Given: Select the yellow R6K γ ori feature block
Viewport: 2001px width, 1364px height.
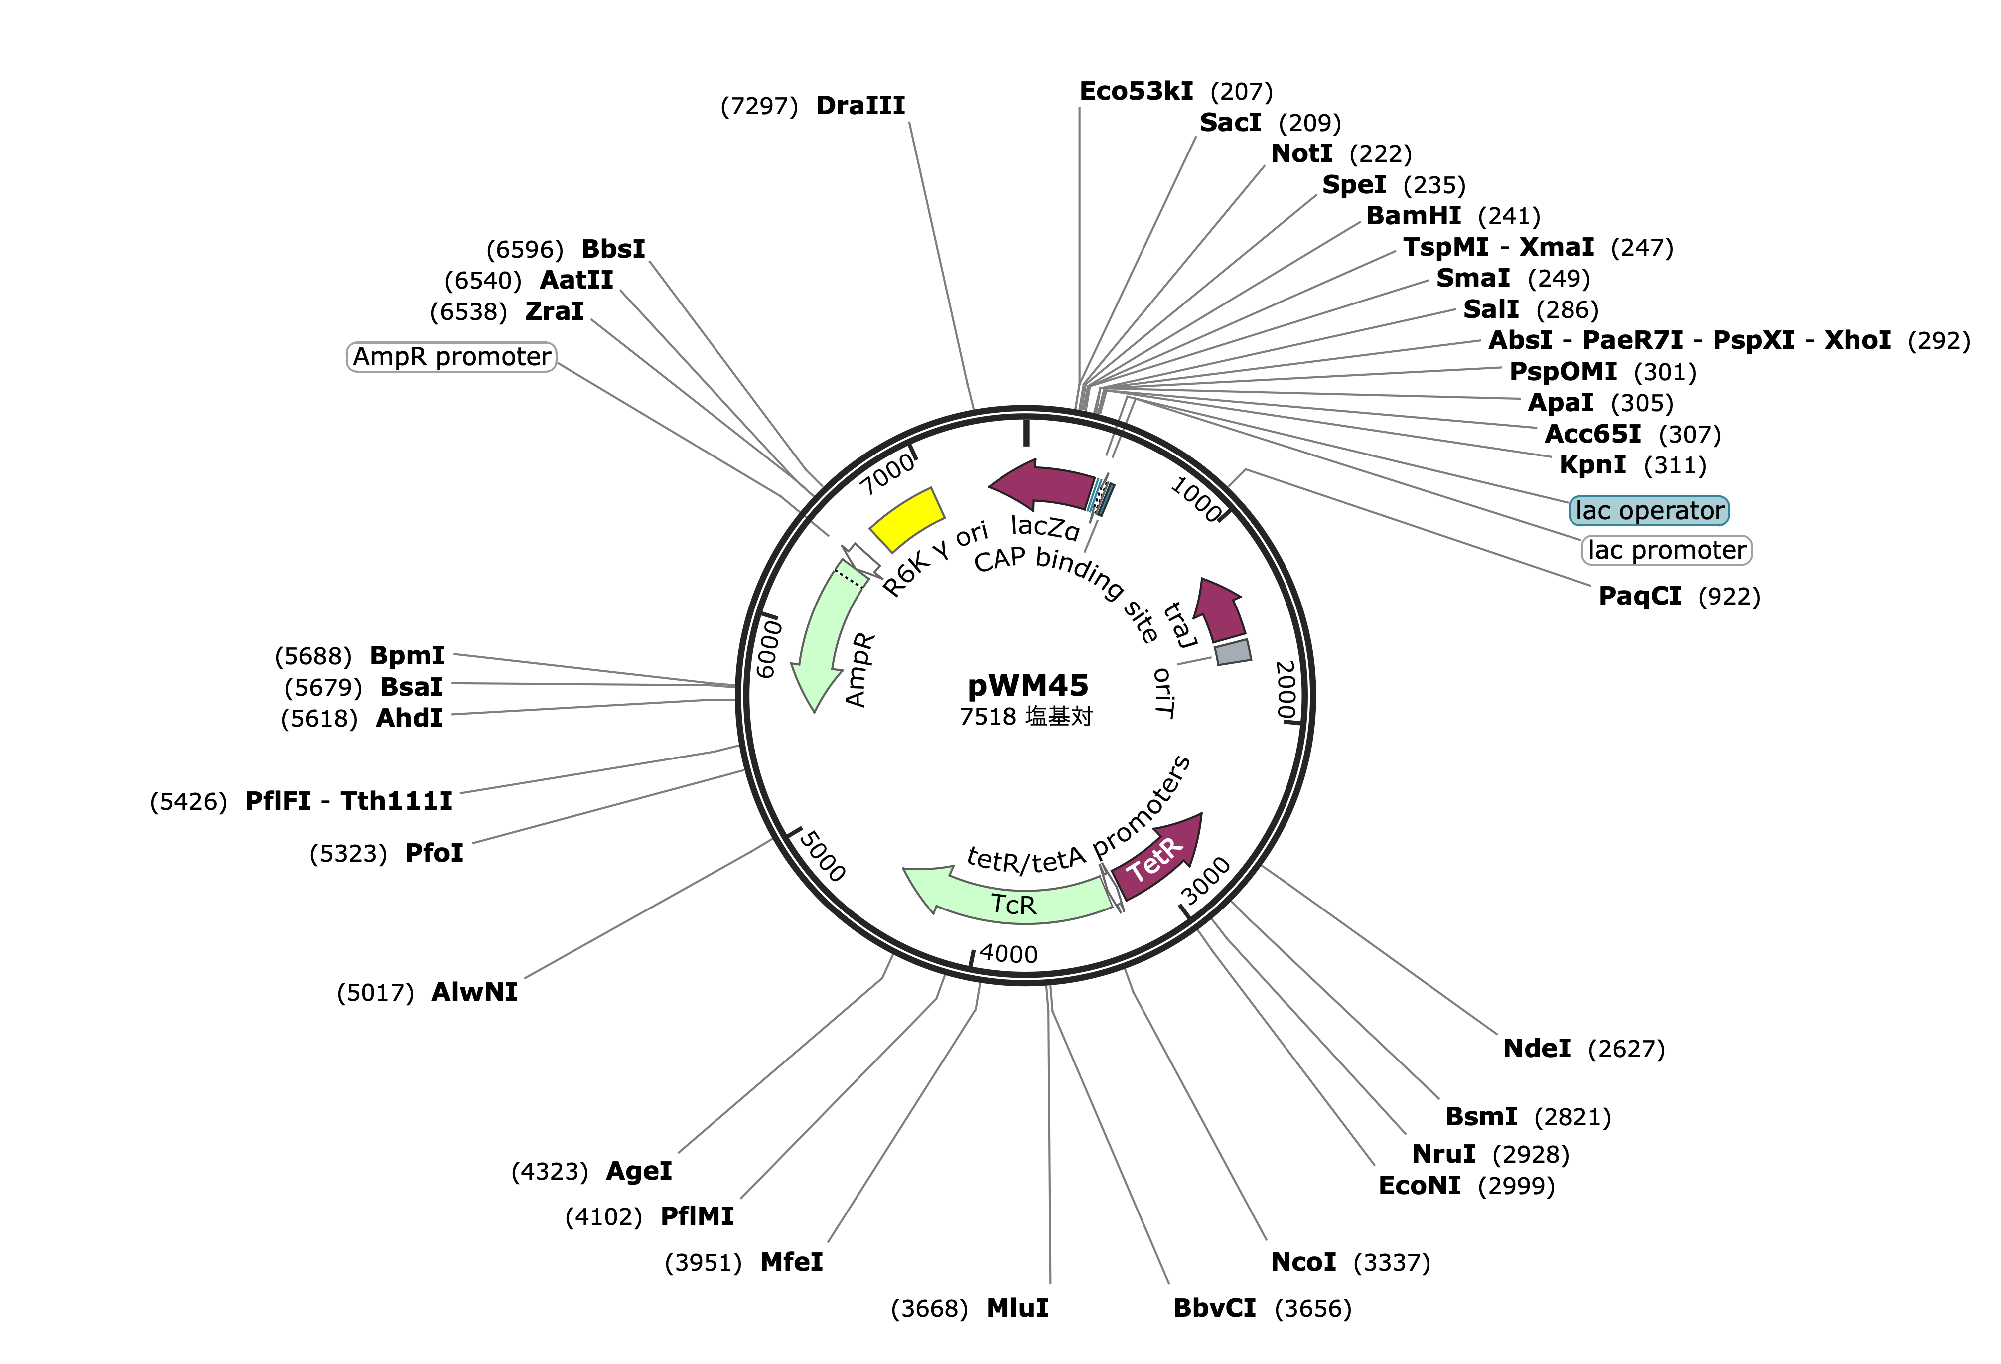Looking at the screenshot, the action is click(907, 519).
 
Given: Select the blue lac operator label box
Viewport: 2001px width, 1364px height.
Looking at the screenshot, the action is click(1649, 511).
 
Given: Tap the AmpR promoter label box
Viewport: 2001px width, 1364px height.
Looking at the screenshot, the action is click(451, 356).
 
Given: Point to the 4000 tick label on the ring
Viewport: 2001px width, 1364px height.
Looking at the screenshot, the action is click(1008, 953).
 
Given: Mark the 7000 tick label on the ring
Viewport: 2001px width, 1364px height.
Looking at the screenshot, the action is click(888, 473).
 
